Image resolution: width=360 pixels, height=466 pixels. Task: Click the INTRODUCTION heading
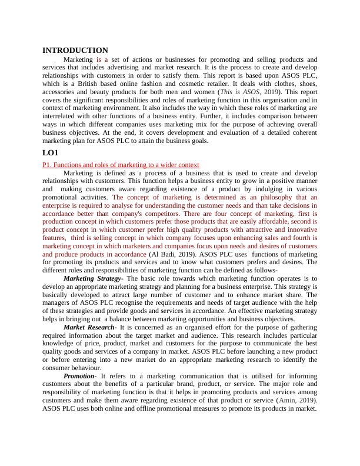[75, 51]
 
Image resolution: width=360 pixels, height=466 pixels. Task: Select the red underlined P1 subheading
[121, 165]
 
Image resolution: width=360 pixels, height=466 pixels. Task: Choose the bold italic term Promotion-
[80, 375]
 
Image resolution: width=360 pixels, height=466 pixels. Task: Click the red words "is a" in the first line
[102, 60]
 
